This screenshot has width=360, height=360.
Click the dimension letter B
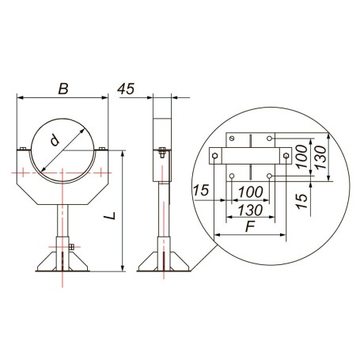point(63,89)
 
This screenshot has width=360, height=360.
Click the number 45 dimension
point(126,89)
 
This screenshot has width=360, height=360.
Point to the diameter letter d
point(55,140)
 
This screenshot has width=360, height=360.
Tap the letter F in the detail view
point(250,226)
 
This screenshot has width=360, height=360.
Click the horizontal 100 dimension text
point(251,192)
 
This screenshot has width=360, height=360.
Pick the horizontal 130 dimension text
point(250,210)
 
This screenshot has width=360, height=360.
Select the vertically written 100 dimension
point(302,157)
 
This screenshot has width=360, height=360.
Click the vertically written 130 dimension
point(320,157)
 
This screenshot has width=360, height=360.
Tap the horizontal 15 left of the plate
point(201,191)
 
